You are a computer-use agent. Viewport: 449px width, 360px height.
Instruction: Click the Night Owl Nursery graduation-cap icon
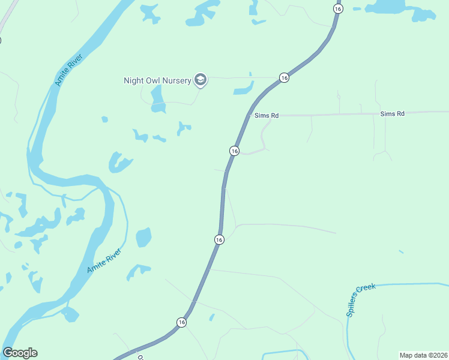200,80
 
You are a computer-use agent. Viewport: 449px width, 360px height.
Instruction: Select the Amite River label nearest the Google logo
104,260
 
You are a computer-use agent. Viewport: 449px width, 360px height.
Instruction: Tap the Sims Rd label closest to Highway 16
267,115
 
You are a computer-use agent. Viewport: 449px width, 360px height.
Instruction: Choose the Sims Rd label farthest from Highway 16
392,113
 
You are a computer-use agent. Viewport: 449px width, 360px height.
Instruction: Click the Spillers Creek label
360,300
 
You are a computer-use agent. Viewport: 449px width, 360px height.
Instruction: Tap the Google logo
20,353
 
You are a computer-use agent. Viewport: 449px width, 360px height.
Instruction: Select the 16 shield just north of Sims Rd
284,78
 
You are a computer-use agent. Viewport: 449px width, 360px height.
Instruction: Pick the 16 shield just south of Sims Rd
235,151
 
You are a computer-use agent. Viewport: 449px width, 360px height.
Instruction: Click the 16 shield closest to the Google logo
181,322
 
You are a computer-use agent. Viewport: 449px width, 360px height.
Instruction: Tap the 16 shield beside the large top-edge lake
338,8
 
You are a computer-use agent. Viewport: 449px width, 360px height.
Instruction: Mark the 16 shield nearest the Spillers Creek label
219,239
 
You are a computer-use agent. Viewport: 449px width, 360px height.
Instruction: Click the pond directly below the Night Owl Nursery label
158,99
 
